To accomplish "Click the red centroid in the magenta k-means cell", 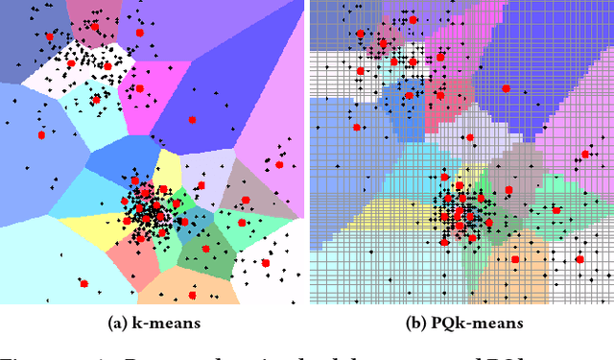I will [139, 89].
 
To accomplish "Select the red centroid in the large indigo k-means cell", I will [192, 120].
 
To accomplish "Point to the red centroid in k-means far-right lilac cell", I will [280, 164].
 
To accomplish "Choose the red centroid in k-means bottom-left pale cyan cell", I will [83, 283].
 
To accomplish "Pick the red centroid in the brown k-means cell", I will [246, 200].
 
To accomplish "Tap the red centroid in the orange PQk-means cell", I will [515, 259].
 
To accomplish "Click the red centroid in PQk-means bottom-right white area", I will [579, 258].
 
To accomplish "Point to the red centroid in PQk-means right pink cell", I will [585, 154].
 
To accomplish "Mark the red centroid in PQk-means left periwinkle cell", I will [356, 127].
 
